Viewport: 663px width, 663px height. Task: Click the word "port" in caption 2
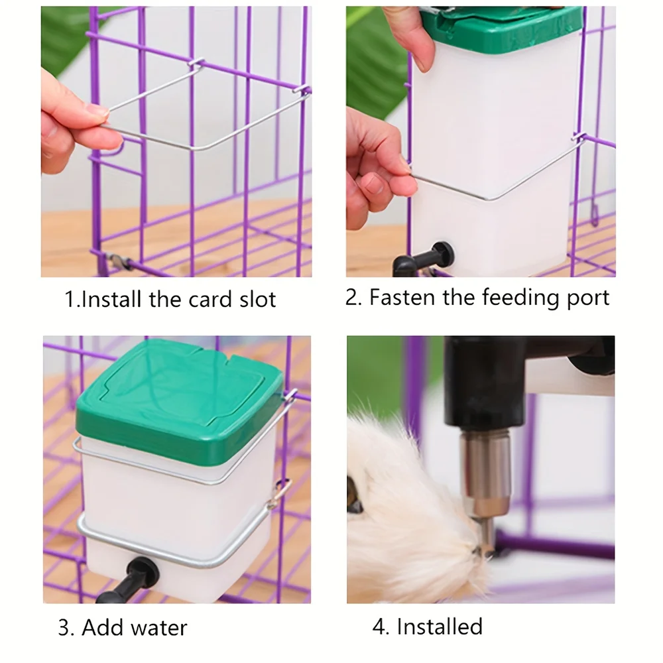tap(586, 298)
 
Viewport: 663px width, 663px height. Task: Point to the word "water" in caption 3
tap(157, 627)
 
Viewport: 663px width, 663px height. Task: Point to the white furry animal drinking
tap(404, 504)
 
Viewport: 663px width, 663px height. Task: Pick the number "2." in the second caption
tap(353, 297)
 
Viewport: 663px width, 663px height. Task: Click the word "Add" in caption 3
tap(101, 627)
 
